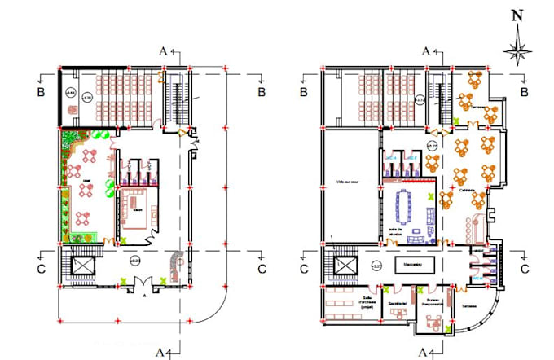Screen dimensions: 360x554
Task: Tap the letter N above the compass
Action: click(x=517, y=15)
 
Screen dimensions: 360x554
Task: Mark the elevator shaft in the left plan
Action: click(x=83, y=266)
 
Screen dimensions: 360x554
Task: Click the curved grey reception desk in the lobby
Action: click(x=174, y=262)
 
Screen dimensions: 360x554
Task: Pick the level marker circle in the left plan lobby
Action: click(x=135, y=260)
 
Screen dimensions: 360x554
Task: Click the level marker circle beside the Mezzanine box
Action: click(x=376, y=266)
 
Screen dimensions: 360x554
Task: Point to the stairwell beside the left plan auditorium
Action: click(x=175, y=102)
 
